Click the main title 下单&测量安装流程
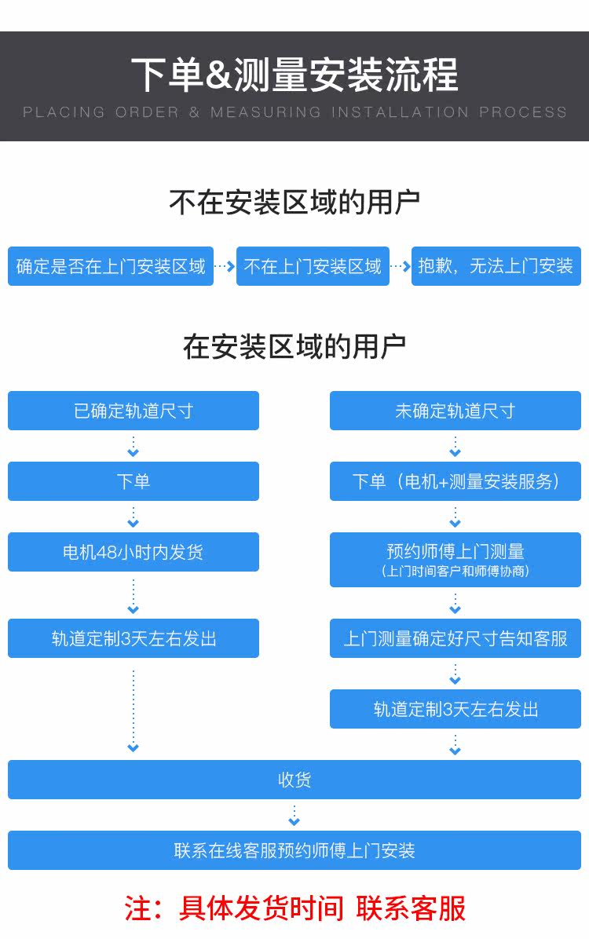pyautogui.click(x=294, y=75)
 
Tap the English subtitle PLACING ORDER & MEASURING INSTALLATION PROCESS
pyautogui.click(x=294, y=112)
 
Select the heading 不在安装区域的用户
pyautogui.click(x=294, y=203)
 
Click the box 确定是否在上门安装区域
pyautogui.click(x=111, y=266)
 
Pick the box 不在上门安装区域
pyautogui.click(x=313, y=266)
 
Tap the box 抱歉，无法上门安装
pyautogui.click(x=496, y=266)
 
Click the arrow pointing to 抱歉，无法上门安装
pyautogui.click(x=401, y=266)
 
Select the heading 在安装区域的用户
pyautogui.click(x=294, y=347)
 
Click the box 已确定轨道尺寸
pyautogui.click(x=134, y=411)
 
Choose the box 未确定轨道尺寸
pyautogui.click(x=455, y=411)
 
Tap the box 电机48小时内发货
pyautogui.click(x=134, y=551)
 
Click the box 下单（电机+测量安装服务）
pyautogui.click(x=455, y=480)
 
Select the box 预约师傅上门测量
pyautogui.click(x=455, y=559)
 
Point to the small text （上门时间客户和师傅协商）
pyautogui.click(x=455, y=572)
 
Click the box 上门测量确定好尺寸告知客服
pyautogui.click(x=455, y=638)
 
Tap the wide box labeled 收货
pyautogui.click(x=294, y=780)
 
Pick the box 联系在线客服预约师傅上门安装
pyautogui.click(x=294, y=850)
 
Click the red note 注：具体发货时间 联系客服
pyautogui.click(x=294, y=908)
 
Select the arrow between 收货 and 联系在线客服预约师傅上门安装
pyautogui.click(x=294, y=815)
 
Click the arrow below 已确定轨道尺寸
pyautogui.click(x=134, y=446)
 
